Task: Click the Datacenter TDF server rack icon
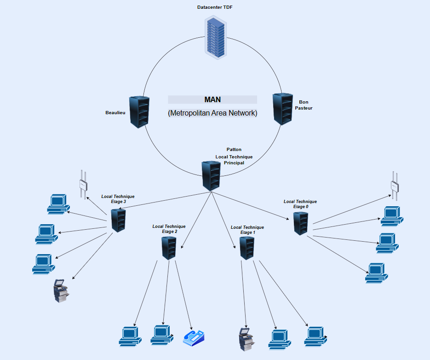[216, 37]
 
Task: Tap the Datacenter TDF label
[216, 7]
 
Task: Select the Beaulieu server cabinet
[139, 112]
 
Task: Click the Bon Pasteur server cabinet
[282, 109]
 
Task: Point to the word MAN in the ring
[212, 99]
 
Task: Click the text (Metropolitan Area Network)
[212, 113]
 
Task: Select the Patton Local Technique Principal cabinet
[211, 176]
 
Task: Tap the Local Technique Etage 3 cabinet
[119, 220]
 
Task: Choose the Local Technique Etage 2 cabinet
[169, 248]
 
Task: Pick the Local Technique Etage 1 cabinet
[247, 248]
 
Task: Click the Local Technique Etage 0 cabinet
[301, 223]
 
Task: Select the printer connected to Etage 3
[61, 291]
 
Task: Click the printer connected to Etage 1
[246, 340]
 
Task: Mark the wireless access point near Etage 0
[395, 185]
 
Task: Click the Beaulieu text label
[115, 113]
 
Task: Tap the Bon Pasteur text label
[304, 105]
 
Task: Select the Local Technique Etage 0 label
[300, 204]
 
